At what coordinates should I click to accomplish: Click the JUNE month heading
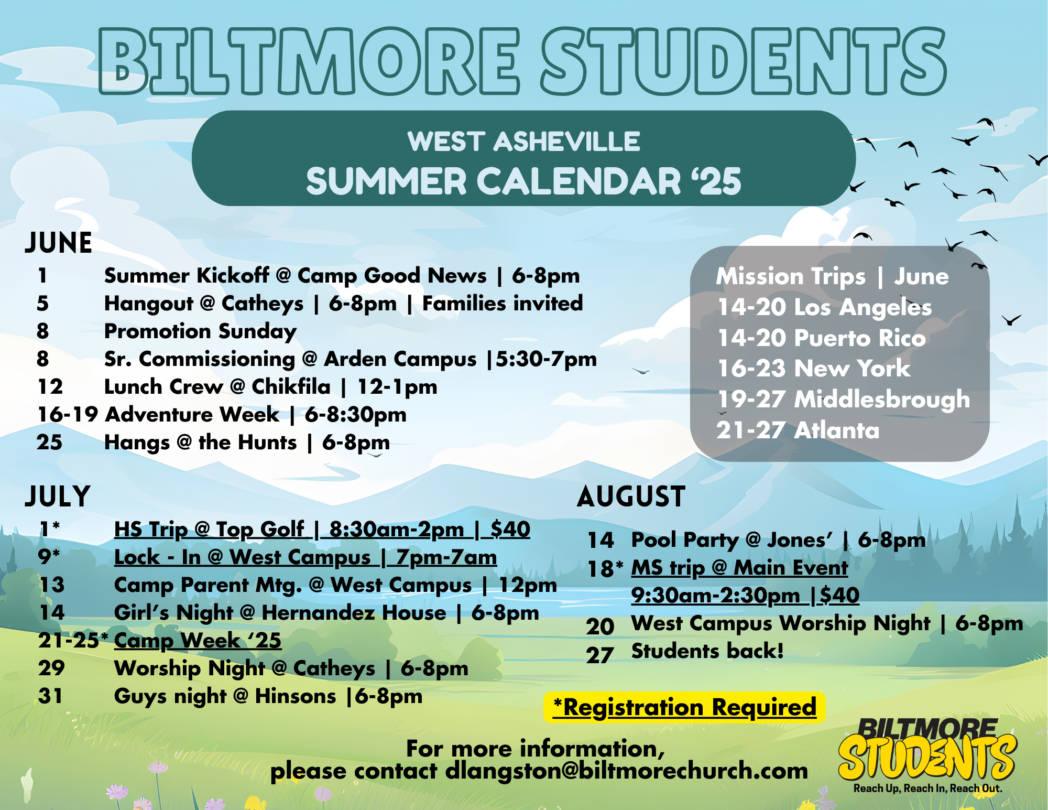58,243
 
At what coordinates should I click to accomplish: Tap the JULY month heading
58,496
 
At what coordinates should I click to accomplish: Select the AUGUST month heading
631,496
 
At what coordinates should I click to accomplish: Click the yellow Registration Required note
684,707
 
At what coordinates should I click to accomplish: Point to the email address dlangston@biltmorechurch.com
627,771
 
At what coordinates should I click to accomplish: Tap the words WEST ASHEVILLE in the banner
524,142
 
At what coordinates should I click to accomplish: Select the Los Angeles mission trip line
825,307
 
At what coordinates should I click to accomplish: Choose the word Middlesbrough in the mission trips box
882,399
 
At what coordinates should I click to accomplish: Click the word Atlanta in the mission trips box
836,430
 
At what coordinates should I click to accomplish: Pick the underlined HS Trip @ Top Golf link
322,530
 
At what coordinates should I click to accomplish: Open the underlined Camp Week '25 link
198,641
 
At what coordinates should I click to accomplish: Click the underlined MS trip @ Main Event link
739,568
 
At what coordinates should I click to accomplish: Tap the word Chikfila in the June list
291,387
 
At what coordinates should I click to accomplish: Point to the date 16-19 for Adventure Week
68,415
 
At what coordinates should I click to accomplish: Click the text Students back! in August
707,651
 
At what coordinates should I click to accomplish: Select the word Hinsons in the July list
296,697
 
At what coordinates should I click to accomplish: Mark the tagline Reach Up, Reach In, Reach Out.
927,789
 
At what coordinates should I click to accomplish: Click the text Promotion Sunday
201,332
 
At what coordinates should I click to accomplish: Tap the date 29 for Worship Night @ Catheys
51,668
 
